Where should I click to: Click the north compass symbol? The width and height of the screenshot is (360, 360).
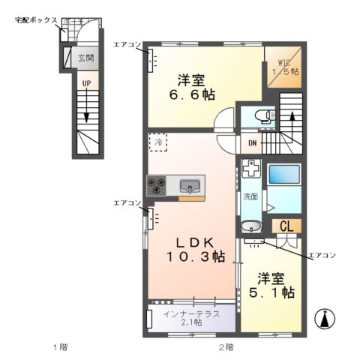tap(325, 319)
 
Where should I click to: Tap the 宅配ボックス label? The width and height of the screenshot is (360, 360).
tap(36, 20)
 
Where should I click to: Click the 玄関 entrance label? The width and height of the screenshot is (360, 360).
tap(86, 57)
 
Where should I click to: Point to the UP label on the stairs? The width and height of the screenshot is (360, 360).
tap(86, 83)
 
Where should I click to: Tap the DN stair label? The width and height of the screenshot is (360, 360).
tap(251, 143)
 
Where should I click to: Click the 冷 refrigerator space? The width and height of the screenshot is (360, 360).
tap(158, 141)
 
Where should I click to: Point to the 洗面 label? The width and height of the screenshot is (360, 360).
tap(250, 196)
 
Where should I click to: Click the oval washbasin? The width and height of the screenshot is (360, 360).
tap(251, 226)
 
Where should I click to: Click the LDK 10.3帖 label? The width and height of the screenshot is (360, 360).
tap(196, 250)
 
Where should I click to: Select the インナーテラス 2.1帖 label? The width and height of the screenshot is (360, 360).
tap(191, 317)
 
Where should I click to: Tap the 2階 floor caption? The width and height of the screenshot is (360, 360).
tap(225, 346)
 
